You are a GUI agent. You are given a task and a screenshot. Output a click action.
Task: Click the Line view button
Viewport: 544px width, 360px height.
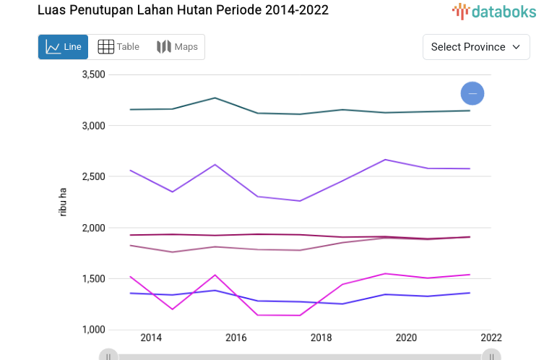(63, 47)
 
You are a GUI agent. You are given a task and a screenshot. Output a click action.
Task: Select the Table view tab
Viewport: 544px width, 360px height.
(118, 47)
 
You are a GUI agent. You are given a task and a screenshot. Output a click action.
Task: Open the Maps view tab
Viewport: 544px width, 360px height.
(177, 47)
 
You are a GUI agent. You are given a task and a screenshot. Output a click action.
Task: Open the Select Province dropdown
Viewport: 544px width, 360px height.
(475, 47)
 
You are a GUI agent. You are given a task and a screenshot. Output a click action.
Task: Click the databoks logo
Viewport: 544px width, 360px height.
(494, 11)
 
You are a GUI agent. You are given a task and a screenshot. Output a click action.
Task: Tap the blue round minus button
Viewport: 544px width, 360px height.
(472, 93)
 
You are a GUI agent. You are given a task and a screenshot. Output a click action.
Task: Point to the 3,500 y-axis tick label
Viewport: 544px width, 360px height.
(94, 74)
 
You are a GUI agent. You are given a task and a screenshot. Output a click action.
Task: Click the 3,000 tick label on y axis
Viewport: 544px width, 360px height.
(94, 126)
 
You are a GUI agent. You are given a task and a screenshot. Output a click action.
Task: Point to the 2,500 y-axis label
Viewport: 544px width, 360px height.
(94, 177)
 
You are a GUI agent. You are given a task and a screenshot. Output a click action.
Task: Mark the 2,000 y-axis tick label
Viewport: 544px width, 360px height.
(94, 228)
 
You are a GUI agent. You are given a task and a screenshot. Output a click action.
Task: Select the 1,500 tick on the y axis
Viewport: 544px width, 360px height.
(94, 279)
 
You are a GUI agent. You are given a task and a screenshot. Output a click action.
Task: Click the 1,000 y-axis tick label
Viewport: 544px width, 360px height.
(94, 330)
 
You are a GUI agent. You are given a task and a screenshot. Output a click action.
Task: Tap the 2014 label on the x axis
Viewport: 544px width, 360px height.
(151, 338)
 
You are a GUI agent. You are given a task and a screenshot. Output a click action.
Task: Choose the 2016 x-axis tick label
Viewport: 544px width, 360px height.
(236, 338)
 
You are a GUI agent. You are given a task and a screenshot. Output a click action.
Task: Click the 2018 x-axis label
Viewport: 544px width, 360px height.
(321, 338)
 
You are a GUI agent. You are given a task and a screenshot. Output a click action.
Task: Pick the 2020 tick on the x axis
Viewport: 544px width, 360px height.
(406, 338)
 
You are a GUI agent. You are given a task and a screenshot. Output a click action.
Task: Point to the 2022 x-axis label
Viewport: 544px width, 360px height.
(491, 338)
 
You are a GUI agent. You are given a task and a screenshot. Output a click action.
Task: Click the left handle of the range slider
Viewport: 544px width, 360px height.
(108, 356)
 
